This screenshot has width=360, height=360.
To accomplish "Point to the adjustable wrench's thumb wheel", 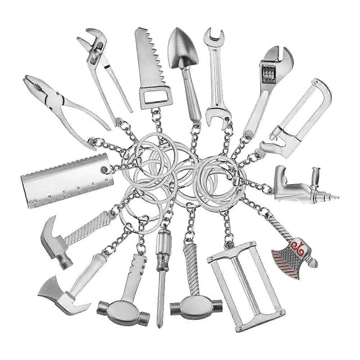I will click(267, 74).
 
